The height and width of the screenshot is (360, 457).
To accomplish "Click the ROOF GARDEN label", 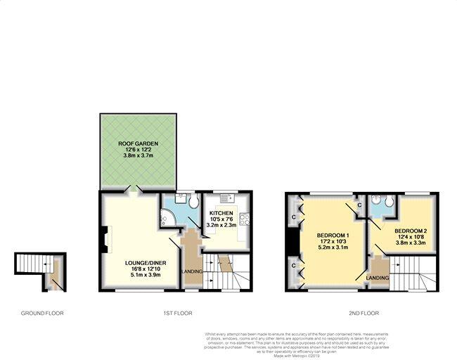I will pos(138,143).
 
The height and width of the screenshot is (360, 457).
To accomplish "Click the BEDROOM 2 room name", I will pos(411,231).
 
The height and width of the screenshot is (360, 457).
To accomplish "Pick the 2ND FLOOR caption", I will pos(363,313).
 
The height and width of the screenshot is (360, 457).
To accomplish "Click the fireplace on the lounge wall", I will pos(104,238).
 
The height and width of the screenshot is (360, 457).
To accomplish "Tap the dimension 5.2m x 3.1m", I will pos(333,248).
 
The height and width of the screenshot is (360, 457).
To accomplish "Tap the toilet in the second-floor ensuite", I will pos(375,199).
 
